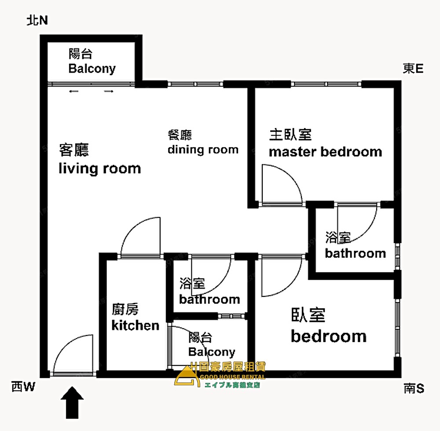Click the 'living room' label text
(99, 168)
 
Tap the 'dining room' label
(203, 150)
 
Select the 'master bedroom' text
(325, 152)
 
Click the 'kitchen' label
(135, 325)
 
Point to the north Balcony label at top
(92, 68)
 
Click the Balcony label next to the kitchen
(211, 352)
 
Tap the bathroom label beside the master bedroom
(355, 253)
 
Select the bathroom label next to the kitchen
(209, 300)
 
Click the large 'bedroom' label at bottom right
(328, 336)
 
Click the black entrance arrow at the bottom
(72, 402)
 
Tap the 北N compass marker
(37, 21)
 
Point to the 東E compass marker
(413, 69)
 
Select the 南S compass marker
(414, 388)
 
